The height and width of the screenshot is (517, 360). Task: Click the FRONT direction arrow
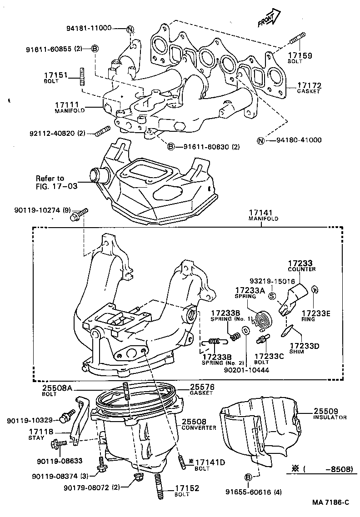pyautogui.click(x=267, y=19)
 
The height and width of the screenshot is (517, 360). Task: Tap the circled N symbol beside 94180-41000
pyautogui.click(x=260, y=140)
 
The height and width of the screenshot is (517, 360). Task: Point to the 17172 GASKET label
pyautogui.click(x=309, y=87)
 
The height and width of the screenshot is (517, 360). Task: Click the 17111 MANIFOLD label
pyautogui.click(x=70, y=107)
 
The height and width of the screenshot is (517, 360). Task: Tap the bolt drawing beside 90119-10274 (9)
pyautogui.click(x=79, y=215)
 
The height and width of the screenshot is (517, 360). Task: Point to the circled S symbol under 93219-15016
pyautogui.click(x=272, y=296)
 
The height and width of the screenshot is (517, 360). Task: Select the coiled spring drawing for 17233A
pyautogui.click(x=262, y=320)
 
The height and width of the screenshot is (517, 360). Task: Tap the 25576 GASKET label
pyautogui.click(x=201, y=389)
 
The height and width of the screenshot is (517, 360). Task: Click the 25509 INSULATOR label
pyautogui.click(x=330, y=414)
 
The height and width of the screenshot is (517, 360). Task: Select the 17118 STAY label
pyautogui.click(x=41, y=434)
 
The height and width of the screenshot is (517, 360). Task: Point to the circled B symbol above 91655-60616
pyautogui.click(x=248, y=477)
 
